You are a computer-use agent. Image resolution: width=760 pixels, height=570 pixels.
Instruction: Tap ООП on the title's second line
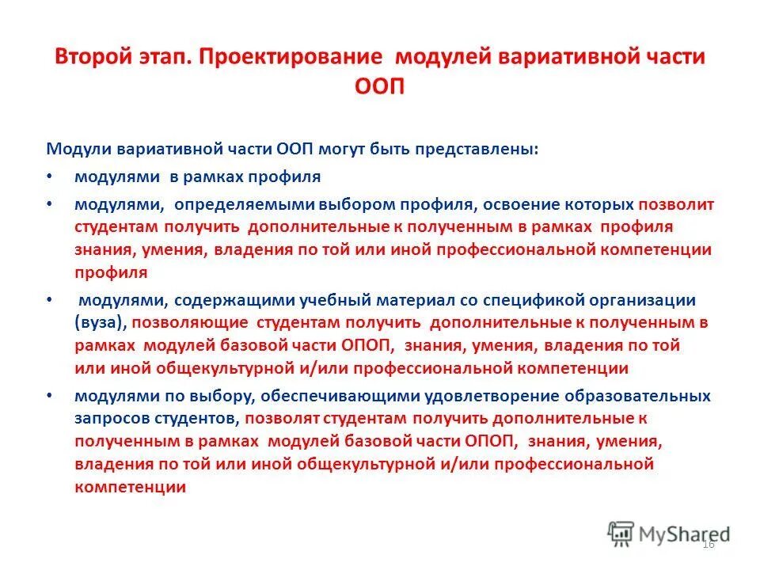380,85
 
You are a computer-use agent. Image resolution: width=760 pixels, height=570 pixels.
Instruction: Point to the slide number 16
708,544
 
